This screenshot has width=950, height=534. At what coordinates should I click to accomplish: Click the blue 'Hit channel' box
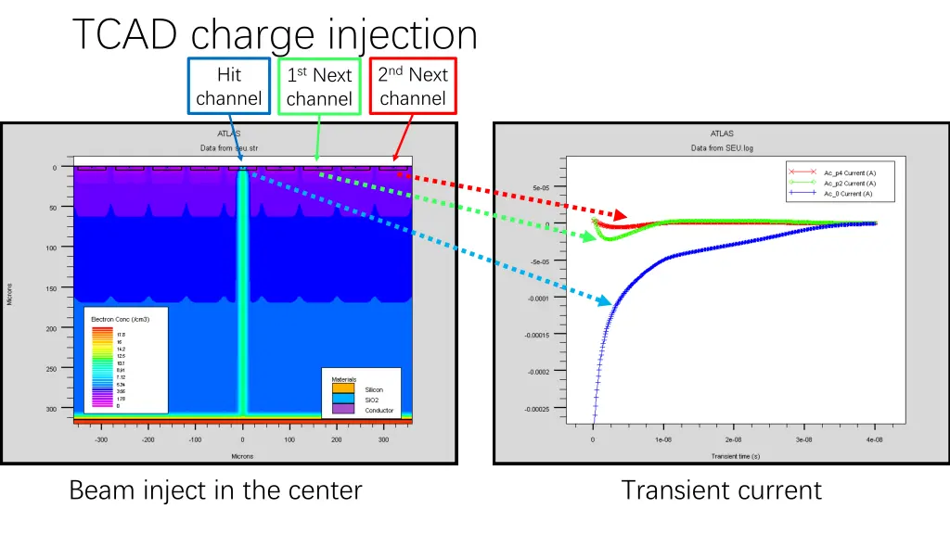(x=228, y=86)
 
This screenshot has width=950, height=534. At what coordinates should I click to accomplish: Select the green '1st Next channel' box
(x=319, y=86)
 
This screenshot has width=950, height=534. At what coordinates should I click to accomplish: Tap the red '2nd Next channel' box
(x=413, y=86)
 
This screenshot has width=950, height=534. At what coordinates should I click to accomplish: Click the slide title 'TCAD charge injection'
(x=275, y=35)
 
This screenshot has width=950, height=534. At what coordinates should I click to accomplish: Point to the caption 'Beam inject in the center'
(x=215, y=489)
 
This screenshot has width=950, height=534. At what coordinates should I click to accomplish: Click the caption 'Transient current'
(x=721, y=489)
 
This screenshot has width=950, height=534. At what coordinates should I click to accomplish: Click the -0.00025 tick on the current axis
(x=538, y=409)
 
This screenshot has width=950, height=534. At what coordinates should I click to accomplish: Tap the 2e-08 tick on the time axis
(x=733, y=440)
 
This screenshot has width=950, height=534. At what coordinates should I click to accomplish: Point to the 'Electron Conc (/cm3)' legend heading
(x=120, y=319)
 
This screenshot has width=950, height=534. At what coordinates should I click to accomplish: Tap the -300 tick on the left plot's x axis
(x=100, y=440)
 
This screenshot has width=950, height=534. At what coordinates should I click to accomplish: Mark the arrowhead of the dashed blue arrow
(x=607, y=301)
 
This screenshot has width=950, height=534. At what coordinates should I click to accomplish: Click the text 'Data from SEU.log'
(x=722, y=148)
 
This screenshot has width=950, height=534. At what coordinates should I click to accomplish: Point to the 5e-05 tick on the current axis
(x=542, y=188)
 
